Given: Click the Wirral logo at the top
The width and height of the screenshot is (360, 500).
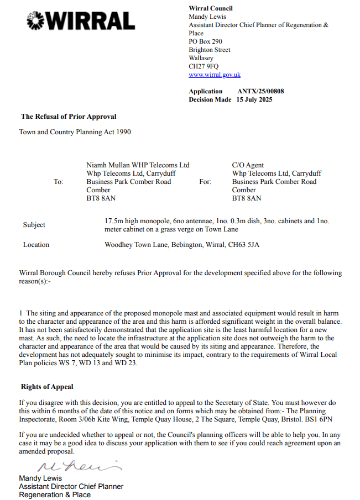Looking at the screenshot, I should click(81, 21).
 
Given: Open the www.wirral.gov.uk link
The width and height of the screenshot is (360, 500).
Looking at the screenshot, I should click(215, 75).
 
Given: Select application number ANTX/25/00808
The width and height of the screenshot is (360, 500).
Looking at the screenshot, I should click(260, 91).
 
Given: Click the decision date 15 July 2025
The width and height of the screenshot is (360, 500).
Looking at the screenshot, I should click(254, 99).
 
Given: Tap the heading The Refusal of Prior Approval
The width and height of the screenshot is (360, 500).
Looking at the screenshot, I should click(69, 117).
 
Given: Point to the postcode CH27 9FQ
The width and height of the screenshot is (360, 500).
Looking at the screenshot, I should click(204, 66).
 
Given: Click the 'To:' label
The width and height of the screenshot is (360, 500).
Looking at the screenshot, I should click(59, 182).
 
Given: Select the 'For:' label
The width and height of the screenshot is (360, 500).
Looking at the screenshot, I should click(205, 182).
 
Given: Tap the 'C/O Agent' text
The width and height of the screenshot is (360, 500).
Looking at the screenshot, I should click(248, 165).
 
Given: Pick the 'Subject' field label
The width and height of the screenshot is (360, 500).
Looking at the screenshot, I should click(34, 225).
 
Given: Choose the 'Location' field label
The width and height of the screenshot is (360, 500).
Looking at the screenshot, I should click(36, 245).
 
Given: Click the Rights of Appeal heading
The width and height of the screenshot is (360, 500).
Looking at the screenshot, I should click(47, 387).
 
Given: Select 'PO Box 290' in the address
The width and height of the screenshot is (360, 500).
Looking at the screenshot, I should click(205, 41).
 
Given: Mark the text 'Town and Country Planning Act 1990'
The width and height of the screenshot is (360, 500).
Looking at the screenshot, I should click(75, 133).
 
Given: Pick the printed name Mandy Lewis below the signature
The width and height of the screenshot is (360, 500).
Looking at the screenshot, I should click(40, 478).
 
